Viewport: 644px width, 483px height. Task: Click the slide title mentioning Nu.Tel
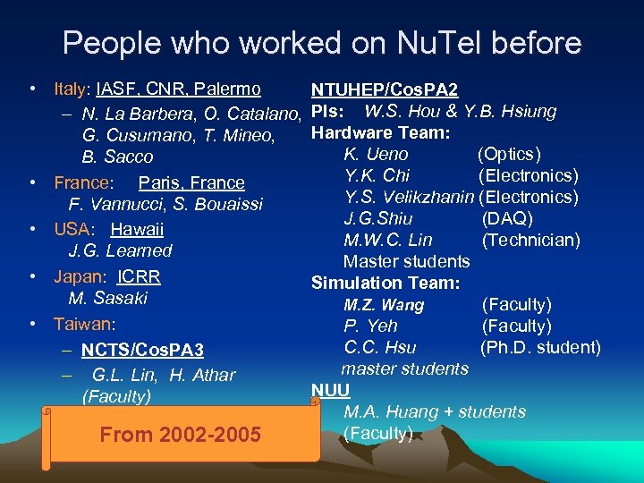click(322, 42)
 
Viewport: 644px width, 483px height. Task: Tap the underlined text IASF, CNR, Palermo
click(179, 89)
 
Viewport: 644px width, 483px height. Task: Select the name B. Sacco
click(117, 157)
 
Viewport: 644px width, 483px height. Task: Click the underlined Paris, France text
click(191, 182)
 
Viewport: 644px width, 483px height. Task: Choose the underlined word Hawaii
click(137, 229)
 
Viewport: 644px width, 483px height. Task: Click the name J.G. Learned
click(120, 251)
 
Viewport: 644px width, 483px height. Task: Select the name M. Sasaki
click(108, 298)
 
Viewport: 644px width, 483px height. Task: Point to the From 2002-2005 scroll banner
click(180, 435)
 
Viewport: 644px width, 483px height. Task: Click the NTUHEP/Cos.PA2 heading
click(384, 90)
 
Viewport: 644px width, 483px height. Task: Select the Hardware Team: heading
click(380, 133)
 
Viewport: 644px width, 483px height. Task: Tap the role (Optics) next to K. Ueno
click(510, 155)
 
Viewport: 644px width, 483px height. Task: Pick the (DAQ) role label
click(507, 218)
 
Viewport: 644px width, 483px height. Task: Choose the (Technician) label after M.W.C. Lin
click(531, 240)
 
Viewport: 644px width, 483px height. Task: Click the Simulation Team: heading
click(386, 284)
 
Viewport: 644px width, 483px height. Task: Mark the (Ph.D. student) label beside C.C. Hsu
click(540, 347)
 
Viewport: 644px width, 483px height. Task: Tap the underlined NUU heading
click(330, 390)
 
